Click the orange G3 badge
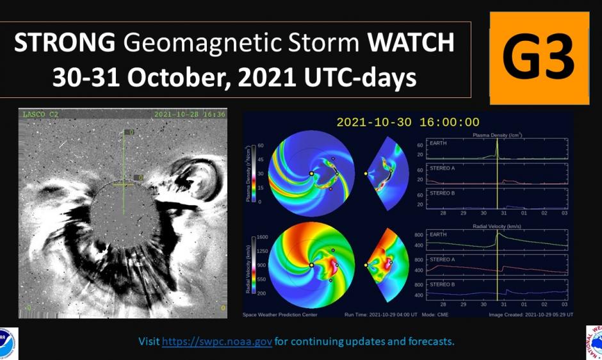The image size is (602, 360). pos(539,58)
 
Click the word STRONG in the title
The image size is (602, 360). pos(65,43)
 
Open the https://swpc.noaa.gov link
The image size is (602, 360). pos(218,341)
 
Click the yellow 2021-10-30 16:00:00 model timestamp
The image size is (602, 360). pos(407,122)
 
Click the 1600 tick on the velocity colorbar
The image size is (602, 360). pos(261,237)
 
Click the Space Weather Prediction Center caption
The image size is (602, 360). pos(280,315)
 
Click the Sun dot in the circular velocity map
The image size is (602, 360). pos(311,264)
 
